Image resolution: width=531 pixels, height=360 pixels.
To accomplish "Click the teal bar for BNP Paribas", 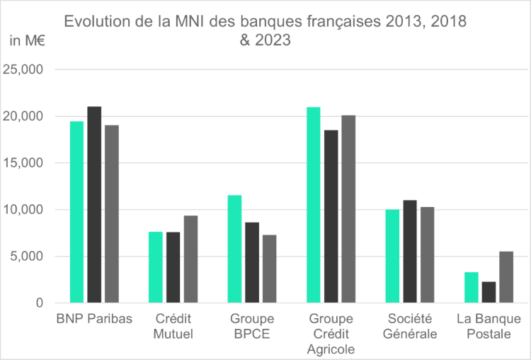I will click(76, 212).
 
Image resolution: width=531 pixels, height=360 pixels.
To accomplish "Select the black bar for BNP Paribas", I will click(94, 205).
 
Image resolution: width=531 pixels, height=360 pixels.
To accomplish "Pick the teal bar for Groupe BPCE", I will click(234, 249).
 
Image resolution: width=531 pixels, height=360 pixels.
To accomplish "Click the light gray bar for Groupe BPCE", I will click(269, 269).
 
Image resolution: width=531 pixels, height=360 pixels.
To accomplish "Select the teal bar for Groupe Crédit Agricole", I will click(313, 205).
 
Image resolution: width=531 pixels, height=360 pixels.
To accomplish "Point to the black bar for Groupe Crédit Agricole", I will click(331, 216).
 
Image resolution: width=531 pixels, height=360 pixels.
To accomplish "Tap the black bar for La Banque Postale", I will click(489, 292).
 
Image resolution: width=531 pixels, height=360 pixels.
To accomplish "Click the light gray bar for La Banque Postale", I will click(506, 277).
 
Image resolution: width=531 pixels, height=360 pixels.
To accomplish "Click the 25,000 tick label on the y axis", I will click(23, 69).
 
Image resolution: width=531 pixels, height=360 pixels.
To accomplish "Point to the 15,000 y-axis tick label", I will click(23, 163).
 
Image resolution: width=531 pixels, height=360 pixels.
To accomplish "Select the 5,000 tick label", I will click(27, 257).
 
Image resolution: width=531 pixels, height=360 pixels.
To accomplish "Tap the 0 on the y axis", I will click(40, 303).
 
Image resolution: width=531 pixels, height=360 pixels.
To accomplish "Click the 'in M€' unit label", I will click(26, 40).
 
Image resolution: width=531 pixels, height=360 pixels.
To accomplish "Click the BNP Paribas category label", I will click(94, 319).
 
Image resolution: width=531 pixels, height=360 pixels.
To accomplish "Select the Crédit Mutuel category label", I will click(173, 326).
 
